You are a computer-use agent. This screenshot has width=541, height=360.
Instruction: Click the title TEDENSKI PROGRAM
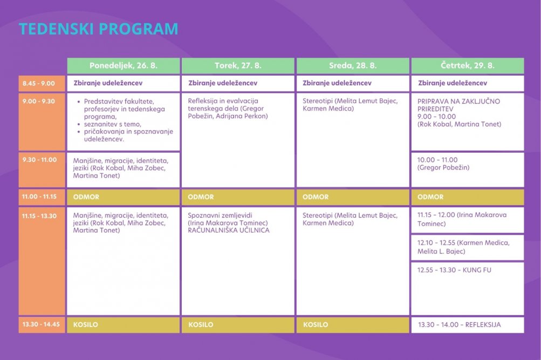pyautogui.click(x=98, y=29)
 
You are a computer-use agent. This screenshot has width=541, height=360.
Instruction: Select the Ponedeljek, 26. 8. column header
pyautogui.click(x=124, y=66)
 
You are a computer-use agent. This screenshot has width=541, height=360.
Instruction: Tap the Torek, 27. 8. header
pyautogui.click(x=238, y=66)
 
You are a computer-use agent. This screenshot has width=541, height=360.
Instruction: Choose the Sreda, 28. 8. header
pyautogui.click(x=353, y=66)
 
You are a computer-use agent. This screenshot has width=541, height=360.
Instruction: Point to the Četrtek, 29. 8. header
pyautogui.click(x=468, y=66)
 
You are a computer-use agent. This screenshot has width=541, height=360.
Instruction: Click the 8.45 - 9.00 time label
pyautogui.click(x=39, y=83)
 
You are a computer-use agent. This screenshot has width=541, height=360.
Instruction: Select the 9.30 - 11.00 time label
pyautogui.click(x=40, y=160)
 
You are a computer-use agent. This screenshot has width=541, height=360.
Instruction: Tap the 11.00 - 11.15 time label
pyautogui.click(x=39, y=196)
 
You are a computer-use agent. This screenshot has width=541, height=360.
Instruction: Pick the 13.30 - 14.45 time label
pyautogui.click(x=41, y=324)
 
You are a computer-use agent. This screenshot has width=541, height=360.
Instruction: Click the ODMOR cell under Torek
pyautogui.click(x=238, y=197)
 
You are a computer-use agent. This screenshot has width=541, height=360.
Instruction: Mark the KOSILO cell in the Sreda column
pyautogui.click(x=353, y=325)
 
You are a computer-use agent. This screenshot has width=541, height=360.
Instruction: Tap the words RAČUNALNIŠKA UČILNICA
pyautogui.click(x=229, y=230)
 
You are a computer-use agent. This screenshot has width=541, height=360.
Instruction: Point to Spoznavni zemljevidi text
pyautogui.click(x=220, y=215)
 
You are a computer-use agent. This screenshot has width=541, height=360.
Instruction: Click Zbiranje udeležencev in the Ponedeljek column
pyautogui.click(x=108, y=83)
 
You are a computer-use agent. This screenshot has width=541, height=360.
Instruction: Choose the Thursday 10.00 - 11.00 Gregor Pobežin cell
pyautogui.click(x=468, y=170)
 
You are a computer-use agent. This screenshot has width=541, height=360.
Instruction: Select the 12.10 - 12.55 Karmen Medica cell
pyautogui.click(x=468, y=247)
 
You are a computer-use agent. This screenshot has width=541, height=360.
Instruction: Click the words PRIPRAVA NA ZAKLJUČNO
pyautogui.click(x=458, y=101)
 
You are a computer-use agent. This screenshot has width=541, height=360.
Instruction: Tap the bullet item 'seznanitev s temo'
pyautogui.click(x=113, y=124)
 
